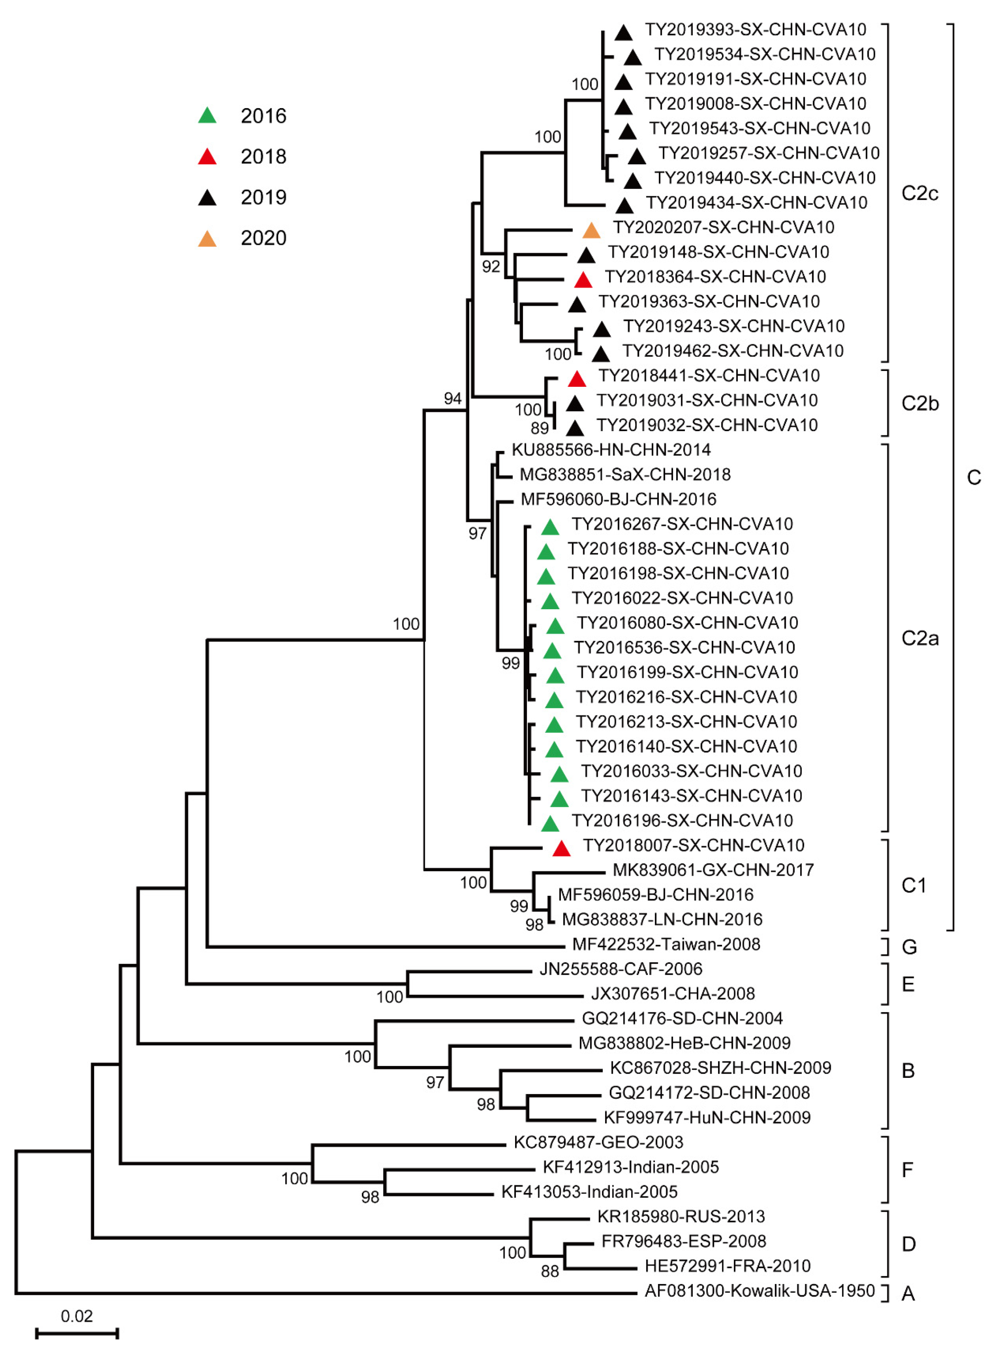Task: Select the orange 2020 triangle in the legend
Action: (207, 239)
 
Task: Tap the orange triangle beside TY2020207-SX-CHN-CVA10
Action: (591, 231)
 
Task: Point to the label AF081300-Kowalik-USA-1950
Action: (759, 1291)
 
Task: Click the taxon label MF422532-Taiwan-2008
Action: (666, 944)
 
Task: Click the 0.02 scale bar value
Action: (76, 1316)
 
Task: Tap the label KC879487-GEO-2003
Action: (598, 1142)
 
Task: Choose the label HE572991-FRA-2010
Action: (727, 1266)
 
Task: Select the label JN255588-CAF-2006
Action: (620, 969)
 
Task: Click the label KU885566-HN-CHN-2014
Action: (611, 450)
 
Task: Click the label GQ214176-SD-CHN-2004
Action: (682, 1018)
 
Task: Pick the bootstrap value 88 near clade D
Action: (550, 1271)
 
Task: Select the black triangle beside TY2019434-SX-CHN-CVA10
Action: (624, 206)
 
